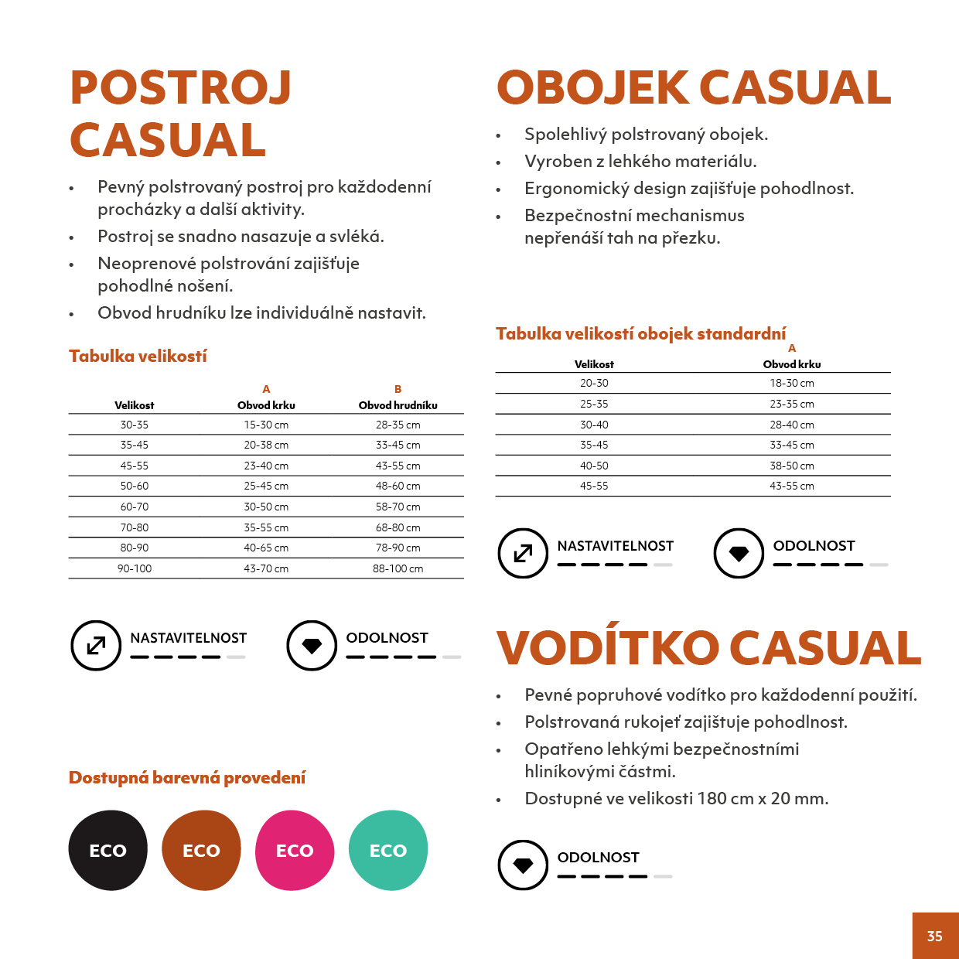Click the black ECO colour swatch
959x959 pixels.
pos(108,850)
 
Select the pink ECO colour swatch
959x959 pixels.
pos(295,850)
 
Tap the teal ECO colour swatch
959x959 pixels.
pos(388,850)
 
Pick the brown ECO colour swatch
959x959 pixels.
pos(201,850)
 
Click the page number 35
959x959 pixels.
pos(934,936)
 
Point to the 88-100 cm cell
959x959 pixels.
pos(398,568)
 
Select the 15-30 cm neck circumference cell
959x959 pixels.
pos(266,425)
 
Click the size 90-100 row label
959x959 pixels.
pos(135,568)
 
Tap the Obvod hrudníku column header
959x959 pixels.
pos(398,405)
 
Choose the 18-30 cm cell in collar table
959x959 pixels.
pos(791,383)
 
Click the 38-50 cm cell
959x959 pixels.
pos(791,466)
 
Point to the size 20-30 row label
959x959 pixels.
pos(594,383)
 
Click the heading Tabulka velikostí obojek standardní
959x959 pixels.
pos(640,334)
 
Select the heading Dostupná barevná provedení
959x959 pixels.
pos(187,777)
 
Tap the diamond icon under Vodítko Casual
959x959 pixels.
pos(523,865)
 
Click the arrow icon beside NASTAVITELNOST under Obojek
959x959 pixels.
pos(523,553)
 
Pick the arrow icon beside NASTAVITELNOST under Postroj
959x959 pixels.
pos(96,645)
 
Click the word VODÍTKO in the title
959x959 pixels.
pos(607,648)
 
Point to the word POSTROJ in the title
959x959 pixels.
pos(180,87)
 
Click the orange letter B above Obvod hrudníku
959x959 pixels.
pos(398,389)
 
